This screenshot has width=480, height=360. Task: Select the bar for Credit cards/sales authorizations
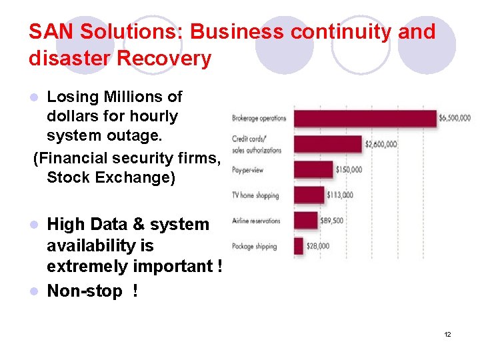click(x=328, y=143)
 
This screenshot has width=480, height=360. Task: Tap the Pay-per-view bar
click(x=313, y=169)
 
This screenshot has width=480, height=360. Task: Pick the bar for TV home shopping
click(x=309, y=195)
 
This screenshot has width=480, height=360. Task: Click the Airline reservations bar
click(x=305, y=220)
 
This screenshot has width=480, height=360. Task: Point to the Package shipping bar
click(x=298, y=245)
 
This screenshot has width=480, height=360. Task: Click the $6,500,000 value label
click(x=455, y=119)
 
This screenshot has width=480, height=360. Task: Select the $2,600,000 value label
click(x=381, y=144)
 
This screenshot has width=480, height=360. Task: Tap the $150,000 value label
click(x=349, y=169)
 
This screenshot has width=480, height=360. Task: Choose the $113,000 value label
click(x=340, y=195)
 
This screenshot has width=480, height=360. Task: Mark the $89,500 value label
click(x=331, y=221)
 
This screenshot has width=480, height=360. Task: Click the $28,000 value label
click(x=318, y=246)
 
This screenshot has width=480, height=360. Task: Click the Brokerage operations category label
click(x=259, y=119)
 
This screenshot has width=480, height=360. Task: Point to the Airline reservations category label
click(x=256, y=221)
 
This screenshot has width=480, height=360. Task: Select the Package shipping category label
click(x=254, y=246)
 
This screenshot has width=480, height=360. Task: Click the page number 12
click(x=447, y=334)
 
